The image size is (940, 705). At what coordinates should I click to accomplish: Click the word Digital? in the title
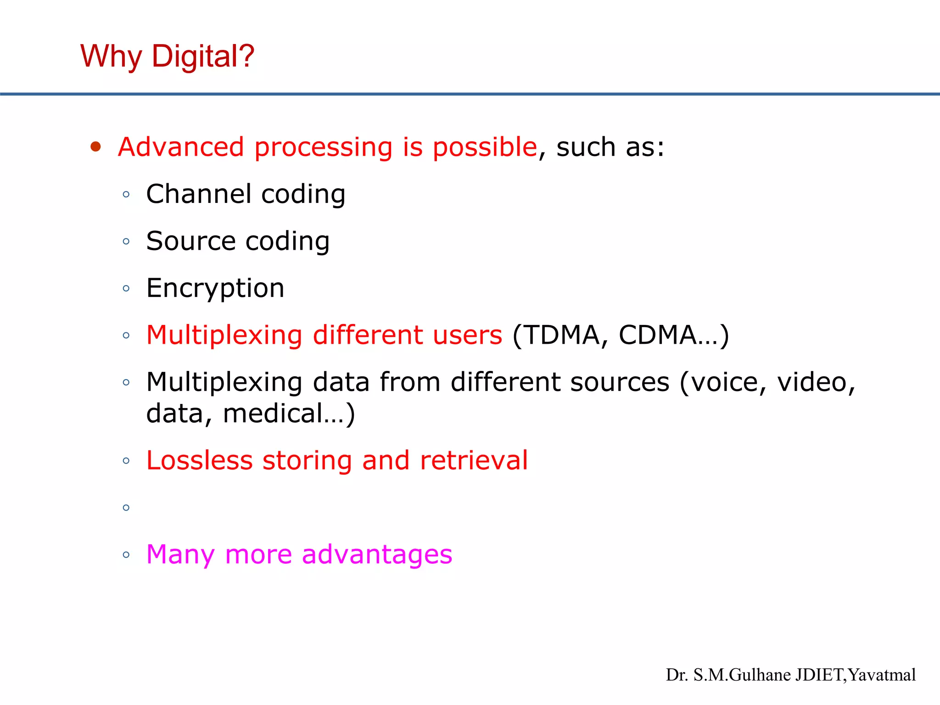coord(203,56)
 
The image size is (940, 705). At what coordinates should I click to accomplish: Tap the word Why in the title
coord(111,57)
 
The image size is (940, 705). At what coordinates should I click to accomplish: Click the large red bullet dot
coord(95,147)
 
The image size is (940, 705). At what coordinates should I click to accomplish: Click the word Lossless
coord(199,460)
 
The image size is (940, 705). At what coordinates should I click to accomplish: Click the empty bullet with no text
coord(126,508)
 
